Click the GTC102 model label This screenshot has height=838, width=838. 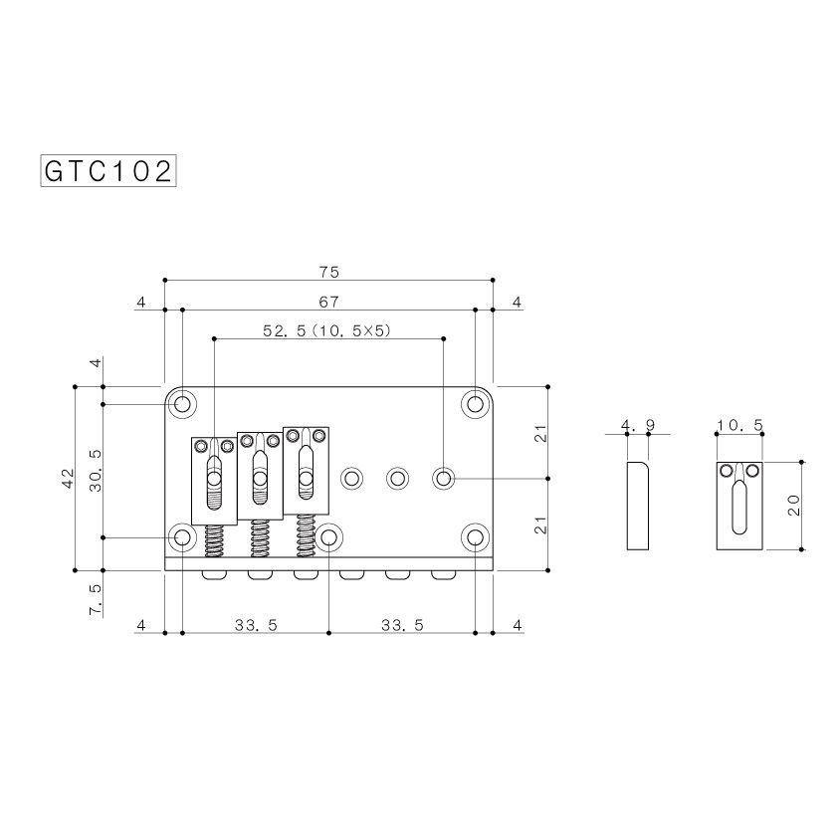coord(108,171)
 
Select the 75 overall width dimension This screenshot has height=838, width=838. coord(329,272)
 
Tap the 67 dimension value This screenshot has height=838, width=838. coord(328,302)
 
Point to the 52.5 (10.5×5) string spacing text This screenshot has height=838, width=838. coord(327,330)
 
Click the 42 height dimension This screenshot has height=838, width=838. coord(68,479)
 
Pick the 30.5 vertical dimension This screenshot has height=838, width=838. coord(96,471)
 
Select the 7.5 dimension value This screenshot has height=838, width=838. coord(96,599)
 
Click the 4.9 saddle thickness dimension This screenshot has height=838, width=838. coord(638,425)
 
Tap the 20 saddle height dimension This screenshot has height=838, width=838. coord(793,505)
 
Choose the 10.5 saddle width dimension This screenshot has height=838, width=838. coord(739,425)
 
